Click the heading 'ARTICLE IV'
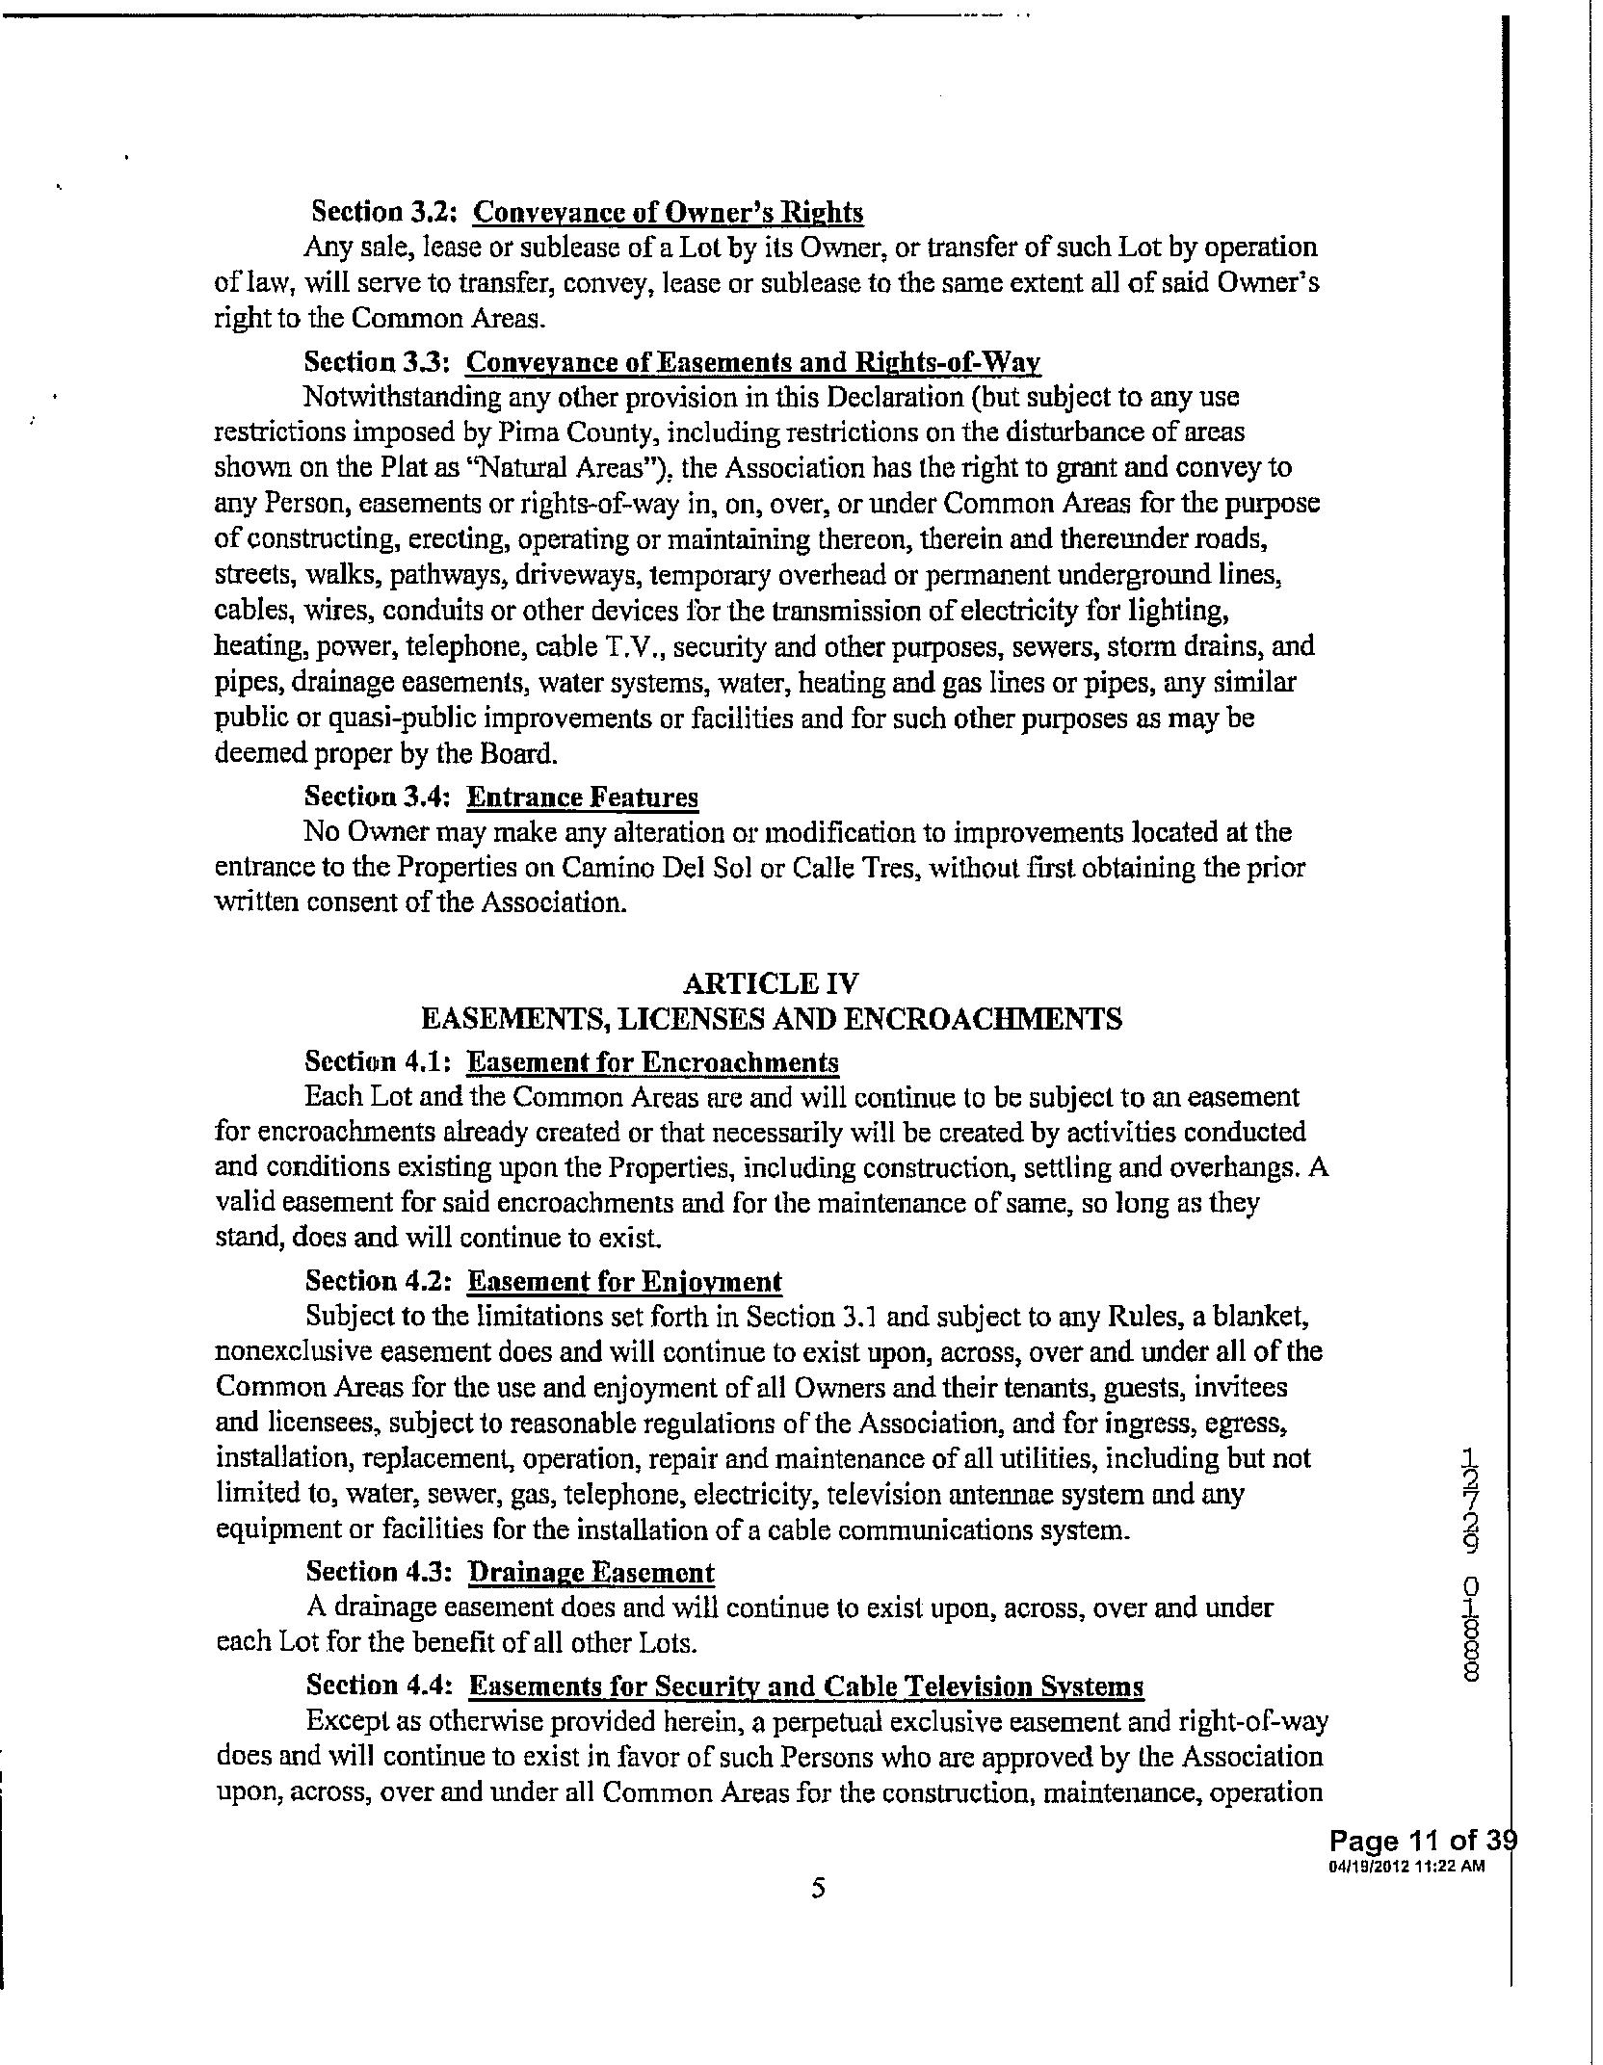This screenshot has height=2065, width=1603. (x=770, y=983)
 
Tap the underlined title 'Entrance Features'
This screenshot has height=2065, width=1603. (x=582, y=797)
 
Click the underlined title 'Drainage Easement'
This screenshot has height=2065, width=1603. (x=591, y=1573)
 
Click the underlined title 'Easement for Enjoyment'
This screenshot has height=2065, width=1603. (x=624, y=1282)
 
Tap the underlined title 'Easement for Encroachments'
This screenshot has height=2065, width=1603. (x=652, y=1062)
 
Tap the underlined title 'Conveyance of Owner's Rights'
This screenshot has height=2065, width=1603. (x=669, y=212)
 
